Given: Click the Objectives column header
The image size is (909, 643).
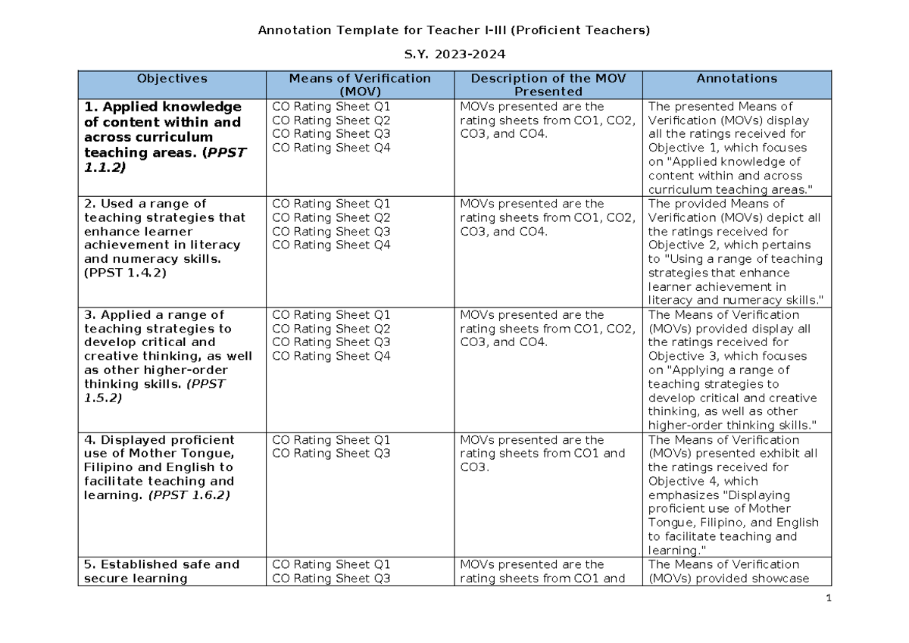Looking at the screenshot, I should click(172, 78).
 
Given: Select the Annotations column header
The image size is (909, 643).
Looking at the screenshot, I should click(737, 78).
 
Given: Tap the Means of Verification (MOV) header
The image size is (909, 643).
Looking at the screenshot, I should click(360, 84).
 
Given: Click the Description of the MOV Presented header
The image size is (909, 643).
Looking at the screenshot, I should click(548, 84).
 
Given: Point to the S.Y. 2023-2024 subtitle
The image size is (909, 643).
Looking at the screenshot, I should click(454, 55).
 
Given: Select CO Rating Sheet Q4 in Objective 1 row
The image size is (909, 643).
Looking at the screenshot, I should click(331, 148).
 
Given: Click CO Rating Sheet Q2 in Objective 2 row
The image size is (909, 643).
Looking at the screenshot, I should click(331, 217).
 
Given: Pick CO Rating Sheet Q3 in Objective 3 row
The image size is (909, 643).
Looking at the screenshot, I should click(331, 342).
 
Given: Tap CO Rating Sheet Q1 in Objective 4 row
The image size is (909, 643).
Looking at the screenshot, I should click(331, 440).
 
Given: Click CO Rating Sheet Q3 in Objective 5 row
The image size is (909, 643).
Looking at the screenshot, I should click(331, 579).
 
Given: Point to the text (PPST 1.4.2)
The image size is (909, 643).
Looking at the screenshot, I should click(125, 273).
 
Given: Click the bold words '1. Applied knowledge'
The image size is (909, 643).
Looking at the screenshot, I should click(163, 107).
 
